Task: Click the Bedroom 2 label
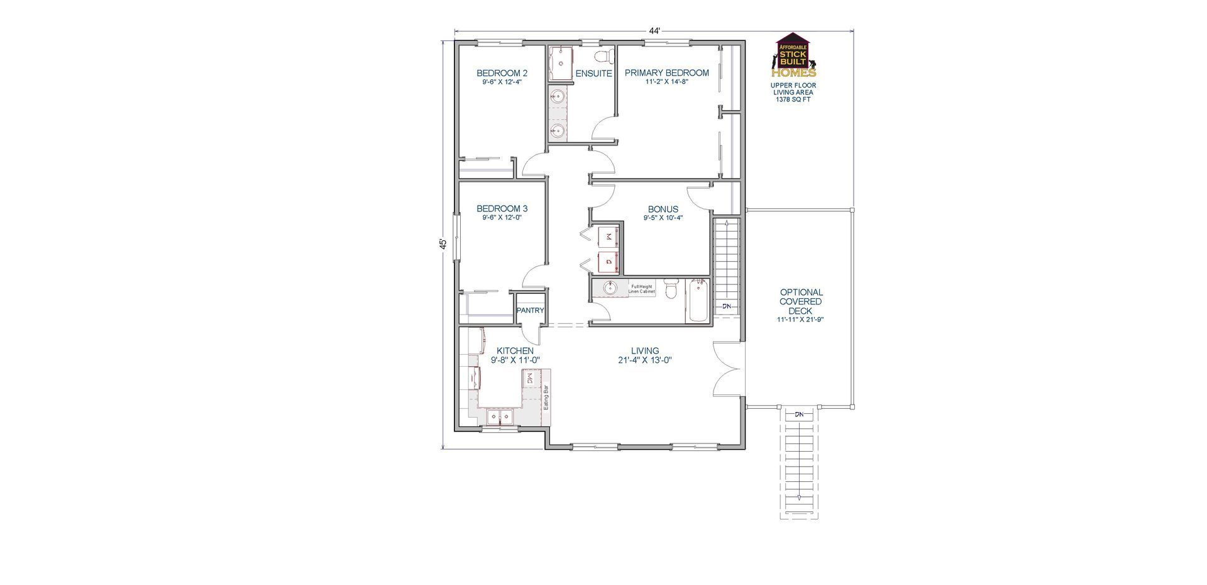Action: pos(502,73)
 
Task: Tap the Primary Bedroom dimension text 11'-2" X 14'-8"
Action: pos(666,82)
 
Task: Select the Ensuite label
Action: pos(594,74)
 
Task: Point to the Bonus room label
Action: pos(663,209)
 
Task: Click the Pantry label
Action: pos(530,311)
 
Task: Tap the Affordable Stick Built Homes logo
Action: pos(793,55)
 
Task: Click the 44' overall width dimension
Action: pos(654,31)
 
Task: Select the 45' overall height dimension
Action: pos(443,244)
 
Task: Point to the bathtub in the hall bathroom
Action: pos(697,301)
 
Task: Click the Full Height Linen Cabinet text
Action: pos(642,289)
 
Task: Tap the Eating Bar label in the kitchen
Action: pos(546,398)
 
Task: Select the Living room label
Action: pos(645,351)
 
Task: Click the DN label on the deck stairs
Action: pos(799,415)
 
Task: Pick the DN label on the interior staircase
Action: pos(727,306)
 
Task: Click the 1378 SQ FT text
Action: pos(793,99)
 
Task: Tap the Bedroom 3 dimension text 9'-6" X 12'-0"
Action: pos(502,218)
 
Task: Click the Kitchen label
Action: pos(515,351)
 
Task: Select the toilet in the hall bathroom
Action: pos(671,289)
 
